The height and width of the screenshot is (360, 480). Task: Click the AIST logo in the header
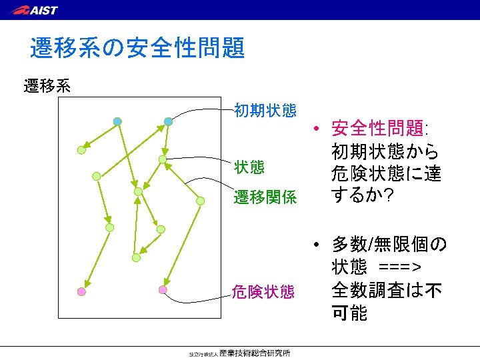35,10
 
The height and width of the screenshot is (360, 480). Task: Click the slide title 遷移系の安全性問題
137,48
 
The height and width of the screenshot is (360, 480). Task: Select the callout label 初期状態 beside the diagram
265,110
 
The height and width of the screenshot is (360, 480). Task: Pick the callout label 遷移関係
265,197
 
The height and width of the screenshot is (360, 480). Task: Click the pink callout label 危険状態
263,292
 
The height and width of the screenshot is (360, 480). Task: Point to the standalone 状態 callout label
249,166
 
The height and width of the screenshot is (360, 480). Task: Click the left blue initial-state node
117,121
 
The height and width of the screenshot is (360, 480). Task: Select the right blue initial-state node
169,121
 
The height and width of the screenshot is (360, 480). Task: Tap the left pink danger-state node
81,291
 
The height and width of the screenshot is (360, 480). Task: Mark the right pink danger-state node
163,289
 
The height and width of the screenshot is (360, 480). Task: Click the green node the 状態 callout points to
163,159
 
